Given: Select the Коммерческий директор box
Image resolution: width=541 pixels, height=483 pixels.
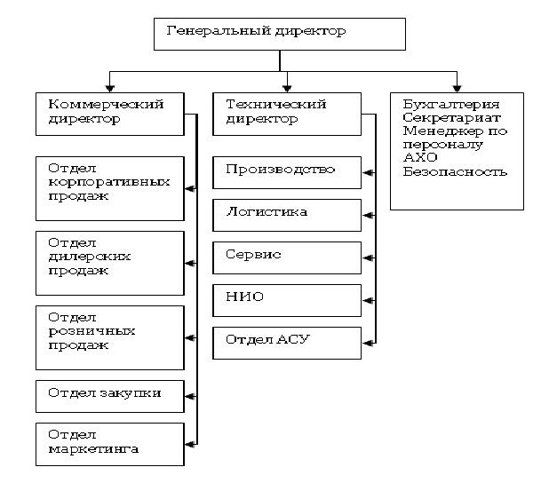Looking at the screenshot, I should (x=112, y=112).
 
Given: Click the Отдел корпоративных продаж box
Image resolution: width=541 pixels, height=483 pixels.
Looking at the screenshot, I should (x=111, y=188).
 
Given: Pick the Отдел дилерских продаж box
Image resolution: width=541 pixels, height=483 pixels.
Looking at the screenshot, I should (x=111, y=263).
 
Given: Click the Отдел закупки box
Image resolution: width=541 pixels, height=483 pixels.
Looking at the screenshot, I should (x=111, y=393).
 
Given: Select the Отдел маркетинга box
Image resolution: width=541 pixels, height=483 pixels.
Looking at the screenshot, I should (x=111, y=442).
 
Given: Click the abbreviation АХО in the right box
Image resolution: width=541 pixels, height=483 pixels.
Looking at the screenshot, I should (x=418, y=158).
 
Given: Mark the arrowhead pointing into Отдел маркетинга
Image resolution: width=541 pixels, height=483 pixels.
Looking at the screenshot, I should (x=190, y=442).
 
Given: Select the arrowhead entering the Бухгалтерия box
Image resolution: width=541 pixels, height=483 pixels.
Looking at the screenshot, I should (x=457, y=87).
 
